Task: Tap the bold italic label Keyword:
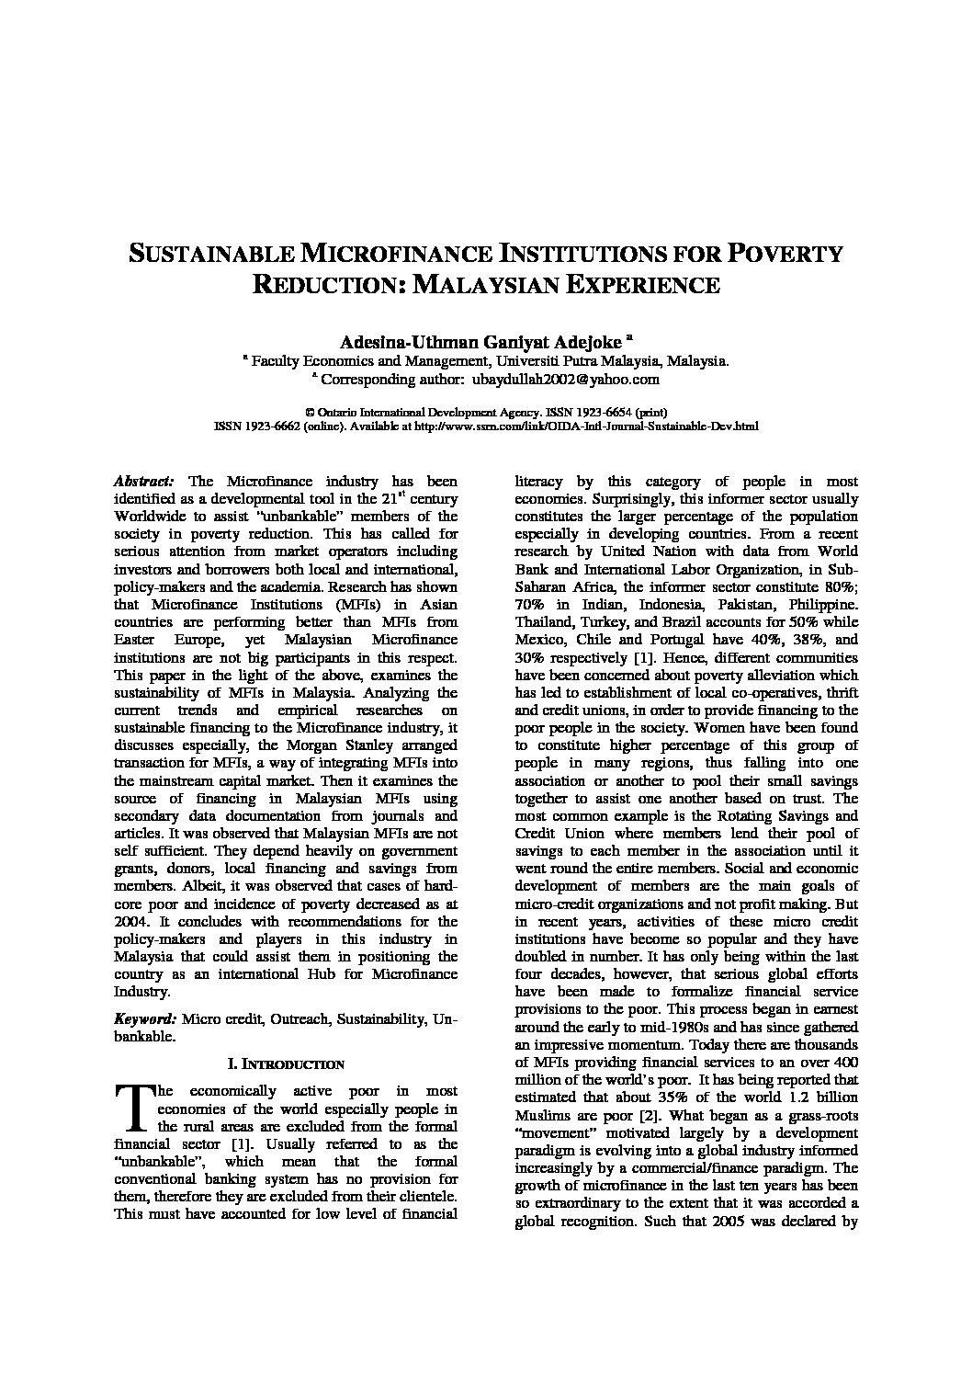coord(144,1019)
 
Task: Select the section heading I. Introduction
coord(285,1064)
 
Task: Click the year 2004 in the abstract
coord(130,921)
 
